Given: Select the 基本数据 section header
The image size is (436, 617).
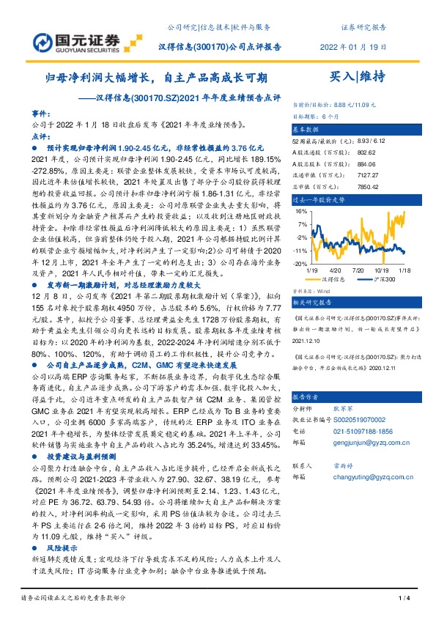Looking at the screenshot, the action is (x=311, y=128).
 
